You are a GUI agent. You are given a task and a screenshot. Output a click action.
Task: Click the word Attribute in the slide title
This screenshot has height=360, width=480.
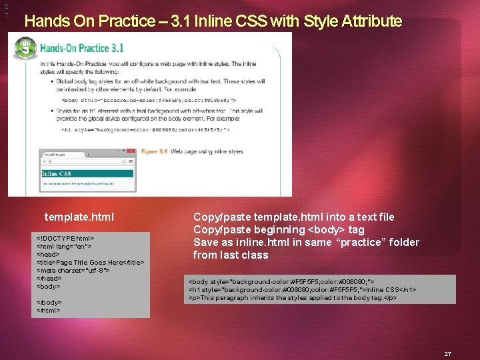tap(371, 21)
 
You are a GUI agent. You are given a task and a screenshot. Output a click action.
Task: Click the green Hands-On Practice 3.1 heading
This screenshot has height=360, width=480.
tap(82, 48)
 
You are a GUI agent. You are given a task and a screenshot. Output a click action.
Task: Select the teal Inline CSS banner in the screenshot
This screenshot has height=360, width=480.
tap(87, 173)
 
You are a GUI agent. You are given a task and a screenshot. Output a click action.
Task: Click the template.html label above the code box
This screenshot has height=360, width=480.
tap(79, 217)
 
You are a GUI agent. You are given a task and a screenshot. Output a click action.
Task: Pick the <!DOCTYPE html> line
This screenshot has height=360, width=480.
tap(65, 238)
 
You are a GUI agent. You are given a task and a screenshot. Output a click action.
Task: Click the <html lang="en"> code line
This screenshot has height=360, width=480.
tap(65, 246)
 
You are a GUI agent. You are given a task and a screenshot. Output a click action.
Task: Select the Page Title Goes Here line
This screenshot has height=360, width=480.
tap(90, 262)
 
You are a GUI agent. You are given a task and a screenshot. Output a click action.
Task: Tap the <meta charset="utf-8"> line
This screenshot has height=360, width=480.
tap(73, 270)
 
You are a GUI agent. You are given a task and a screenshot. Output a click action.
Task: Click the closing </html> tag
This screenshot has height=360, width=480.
tap(48, 310)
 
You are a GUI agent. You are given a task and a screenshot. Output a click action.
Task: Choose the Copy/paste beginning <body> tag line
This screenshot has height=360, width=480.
tap(279, 229)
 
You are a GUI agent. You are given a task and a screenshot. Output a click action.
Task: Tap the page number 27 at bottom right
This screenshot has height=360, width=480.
tap(448, 354)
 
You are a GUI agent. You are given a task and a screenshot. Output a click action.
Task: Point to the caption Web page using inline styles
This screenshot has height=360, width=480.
tap(207, 151)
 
